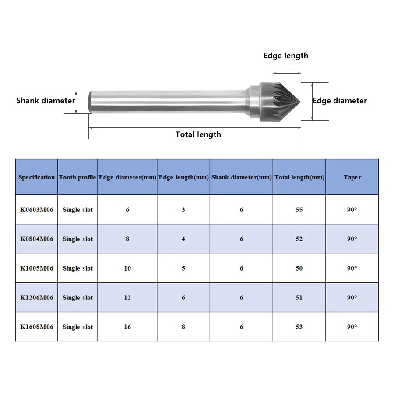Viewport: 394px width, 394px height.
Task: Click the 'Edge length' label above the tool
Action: pyautogui.click(x=286, y=56)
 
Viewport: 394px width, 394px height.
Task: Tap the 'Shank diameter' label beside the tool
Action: pyautogui.click(x=46, y=101)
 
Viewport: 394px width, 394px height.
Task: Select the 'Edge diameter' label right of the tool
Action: pyautogui.click(x=339, y=101)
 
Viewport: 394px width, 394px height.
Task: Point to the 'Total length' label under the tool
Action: pyautogui.click(x=198, y=134)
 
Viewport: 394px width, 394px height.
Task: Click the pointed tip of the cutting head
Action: pyautogui.click(x=300, y=102)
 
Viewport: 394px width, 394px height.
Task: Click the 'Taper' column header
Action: pyautogui.click(x=352, y=177)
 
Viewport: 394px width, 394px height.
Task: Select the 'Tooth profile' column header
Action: pyautogui.click(x=77, y=177)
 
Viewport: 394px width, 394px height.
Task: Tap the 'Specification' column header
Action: pyautogui.click(x=36, y=177)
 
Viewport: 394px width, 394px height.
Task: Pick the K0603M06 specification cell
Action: pyautogui.click(x=37, y=210)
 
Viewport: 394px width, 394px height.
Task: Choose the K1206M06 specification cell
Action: pyautogui.click(x=37, y=298)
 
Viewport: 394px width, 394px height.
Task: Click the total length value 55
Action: pyautogui.click(x=299, y=210)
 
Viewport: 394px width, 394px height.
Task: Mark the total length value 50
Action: pyautogui.click(x=299, y=268)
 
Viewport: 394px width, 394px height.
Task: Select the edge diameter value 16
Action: pyautogui.click(x=127, y=327)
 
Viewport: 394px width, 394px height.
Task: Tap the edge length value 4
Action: pyautogui.click(x=183, y=239)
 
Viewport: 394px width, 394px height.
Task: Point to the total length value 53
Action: pyautogui.click(x=299, y=327)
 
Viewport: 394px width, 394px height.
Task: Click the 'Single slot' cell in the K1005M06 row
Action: pyautogui.click(x=78, y=268)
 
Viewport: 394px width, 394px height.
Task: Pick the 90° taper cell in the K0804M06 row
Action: pyautogui.click(x=352, y=239)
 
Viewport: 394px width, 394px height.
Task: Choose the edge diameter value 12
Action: pyautogui.click(x=127, y=298)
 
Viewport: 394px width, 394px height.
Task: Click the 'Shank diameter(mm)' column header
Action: pyautogui.click(x=242, y=177)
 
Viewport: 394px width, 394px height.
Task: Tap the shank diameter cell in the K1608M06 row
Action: pyautogui.click(x=242, y=327)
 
